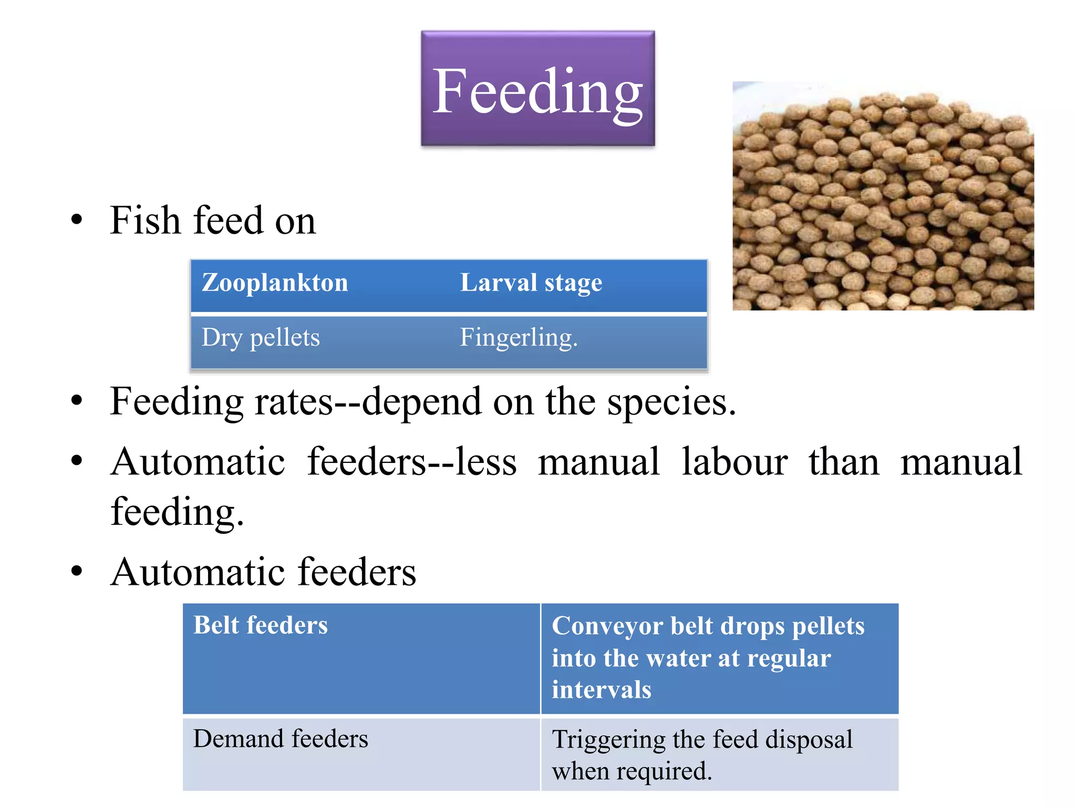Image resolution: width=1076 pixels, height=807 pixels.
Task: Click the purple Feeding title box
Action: pyautogui.click(x=537, y=88)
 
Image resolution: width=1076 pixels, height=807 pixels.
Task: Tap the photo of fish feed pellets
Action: pyautogui.click(x=883, y=196)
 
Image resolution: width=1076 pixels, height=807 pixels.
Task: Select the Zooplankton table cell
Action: pyautogui.click(x=275, y=283)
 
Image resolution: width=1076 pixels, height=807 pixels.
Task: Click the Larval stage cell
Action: pyautogui.click(x=531, y=283)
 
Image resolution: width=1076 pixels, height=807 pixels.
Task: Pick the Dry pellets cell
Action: pyautogui.click(x=261, y=338)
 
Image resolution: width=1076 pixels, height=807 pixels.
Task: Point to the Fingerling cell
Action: pyautogui.click(x=519, y=338)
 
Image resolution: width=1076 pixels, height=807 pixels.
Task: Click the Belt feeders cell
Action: pyautogui.click(x=261, y=626)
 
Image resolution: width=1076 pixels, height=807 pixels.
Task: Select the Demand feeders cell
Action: pyautogui.click(x=281, y=739)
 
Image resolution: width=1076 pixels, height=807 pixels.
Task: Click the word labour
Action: pyautogui.click(x=734, y=462)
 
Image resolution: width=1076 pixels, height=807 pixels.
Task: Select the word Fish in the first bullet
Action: pyautogui.click(x=145, y=220)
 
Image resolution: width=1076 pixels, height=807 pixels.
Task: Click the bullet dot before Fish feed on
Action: pyautogui.click(x=77, y=221)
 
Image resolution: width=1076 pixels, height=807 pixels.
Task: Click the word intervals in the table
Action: pyautogui.click(x=601, y=690)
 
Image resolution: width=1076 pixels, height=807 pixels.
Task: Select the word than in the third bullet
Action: pyautogui.click(x=843, y=462)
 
